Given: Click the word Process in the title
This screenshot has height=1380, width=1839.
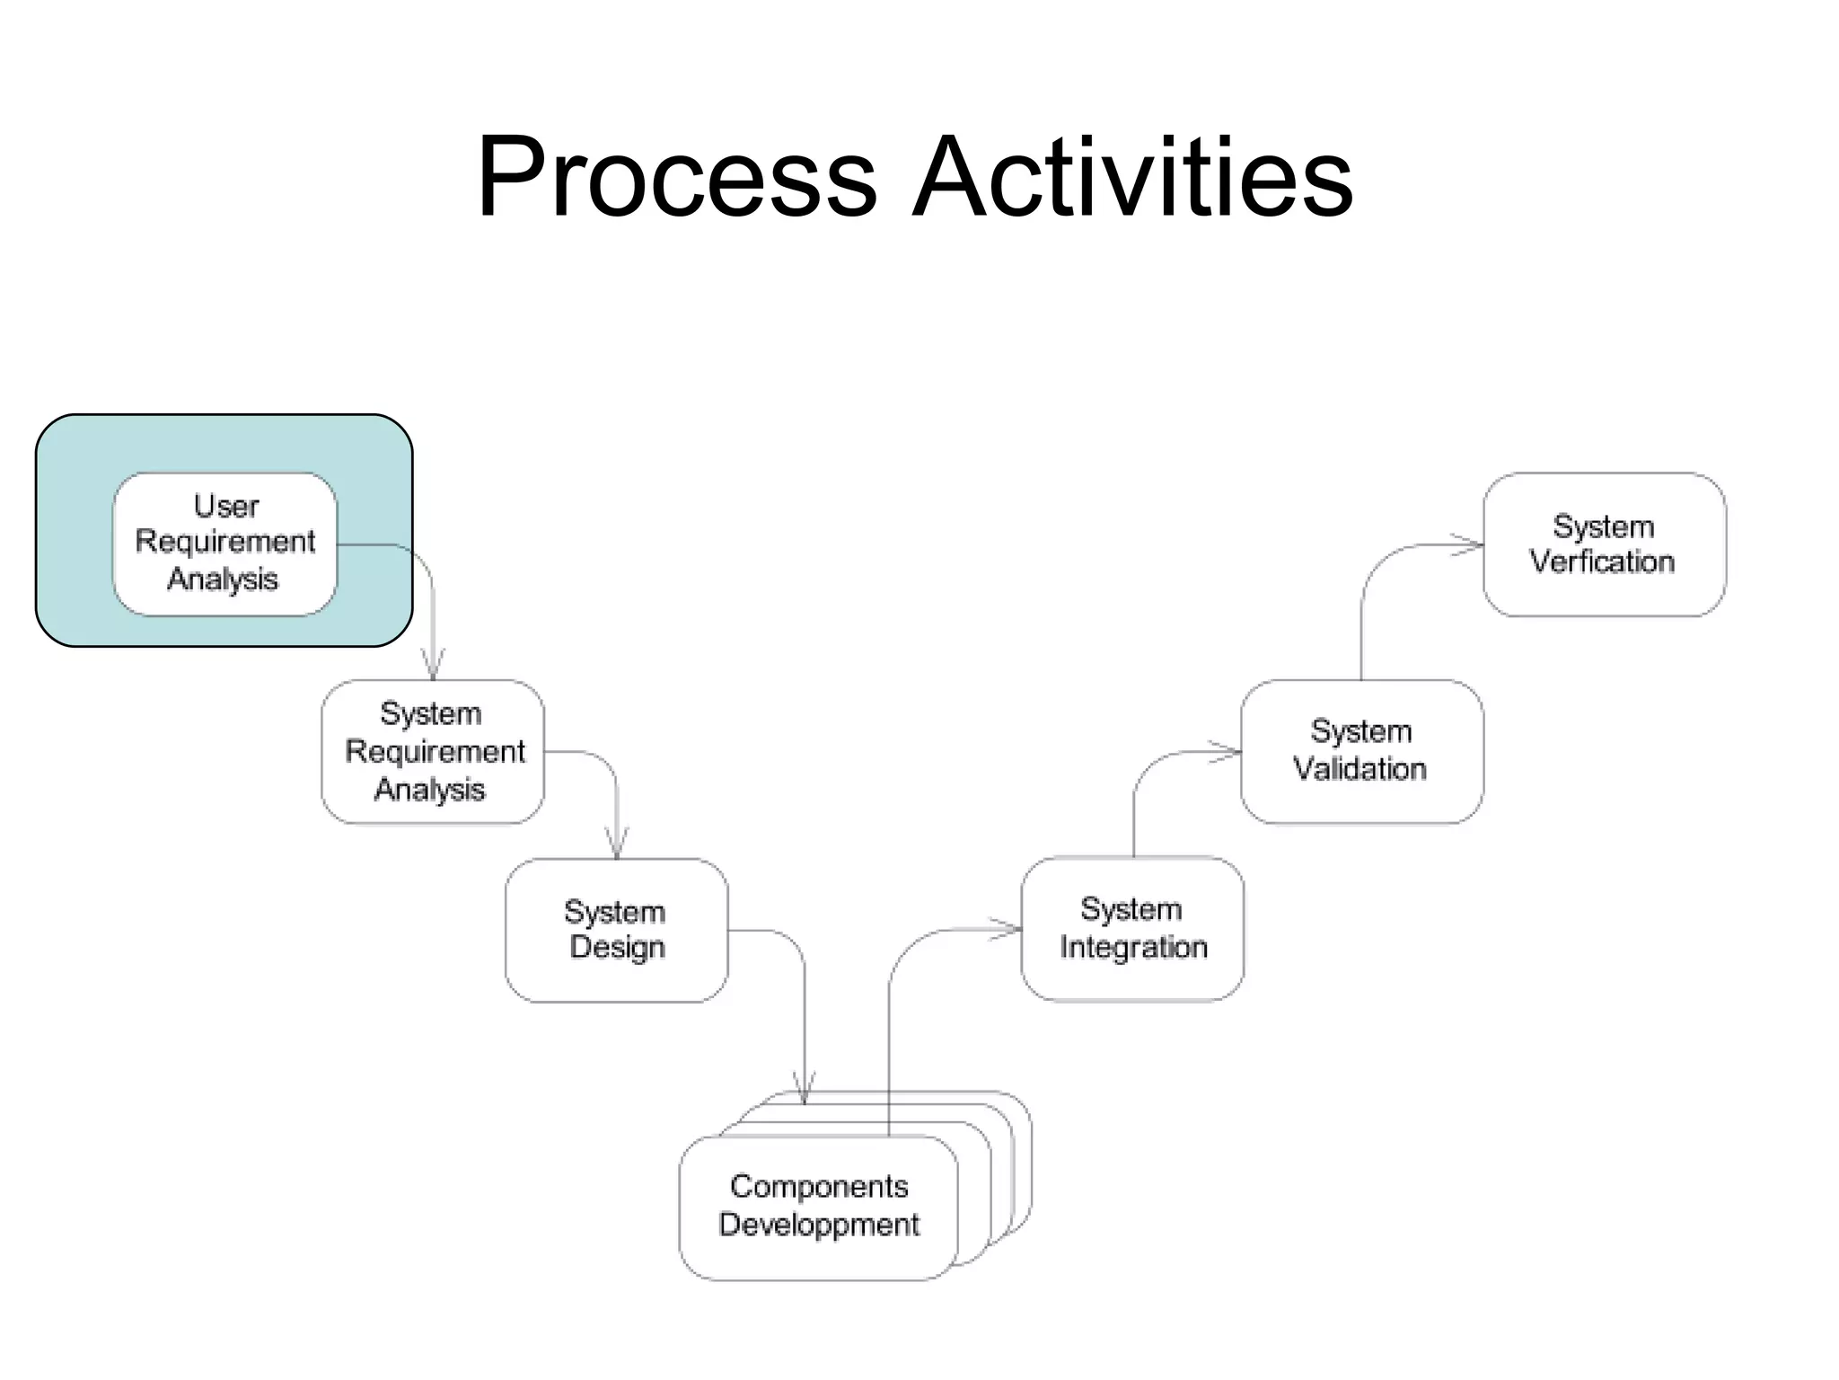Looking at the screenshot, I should point(675,177).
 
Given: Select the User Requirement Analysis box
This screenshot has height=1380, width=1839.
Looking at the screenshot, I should point(224,544).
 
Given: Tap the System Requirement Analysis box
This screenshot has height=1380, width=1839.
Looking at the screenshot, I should point(433,751).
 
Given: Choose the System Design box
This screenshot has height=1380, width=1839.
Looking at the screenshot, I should point(616,930).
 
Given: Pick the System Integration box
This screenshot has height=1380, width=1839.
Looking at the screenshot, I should point(1132,928).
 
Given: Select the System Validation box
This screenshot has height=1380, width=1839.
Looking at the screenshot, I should point(1361,751).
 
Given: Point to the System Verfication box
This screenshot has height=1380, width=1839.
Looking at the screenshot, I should point(1604,544).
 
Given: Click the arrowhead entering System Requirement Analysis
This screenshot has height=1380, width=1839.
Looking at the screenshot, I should point(433,668).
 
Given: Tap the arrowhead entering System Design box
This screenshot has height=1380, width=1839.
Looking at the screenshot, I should point(617,846).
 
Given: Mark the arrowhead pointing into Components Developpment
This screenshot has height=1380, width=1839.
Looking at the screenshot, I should point(805,1091).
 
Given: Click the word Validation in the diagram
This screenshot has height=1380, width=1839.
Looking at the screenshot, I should point(1359,770).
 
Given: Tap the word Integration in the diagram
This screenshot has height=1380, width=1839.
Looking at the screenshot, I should point(1133,948).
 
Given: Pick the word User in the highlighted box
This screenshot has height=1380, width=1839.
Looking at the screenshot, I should point(226,507).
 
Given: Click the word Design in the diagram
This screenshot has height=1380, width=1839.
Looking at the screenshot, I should point(617,948).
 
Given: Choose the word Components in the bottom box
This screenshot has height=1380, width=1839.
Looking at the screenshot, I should point(819,1187).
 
